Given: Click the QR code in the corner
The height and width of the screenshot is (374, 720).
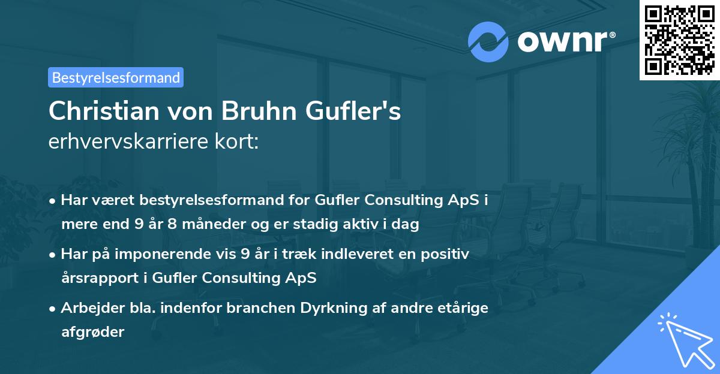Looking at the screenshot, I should tap(680, 40).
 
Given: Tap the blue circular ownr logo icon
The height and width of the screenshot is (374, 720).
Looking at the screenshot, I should tap(488, 41).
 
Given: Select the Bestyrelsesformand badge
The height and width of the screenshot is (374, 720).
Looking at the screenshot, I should tap(116, 77).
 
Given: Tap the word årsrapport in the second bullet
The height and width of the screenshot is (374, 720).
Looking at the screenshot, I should tap(95, 278).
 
